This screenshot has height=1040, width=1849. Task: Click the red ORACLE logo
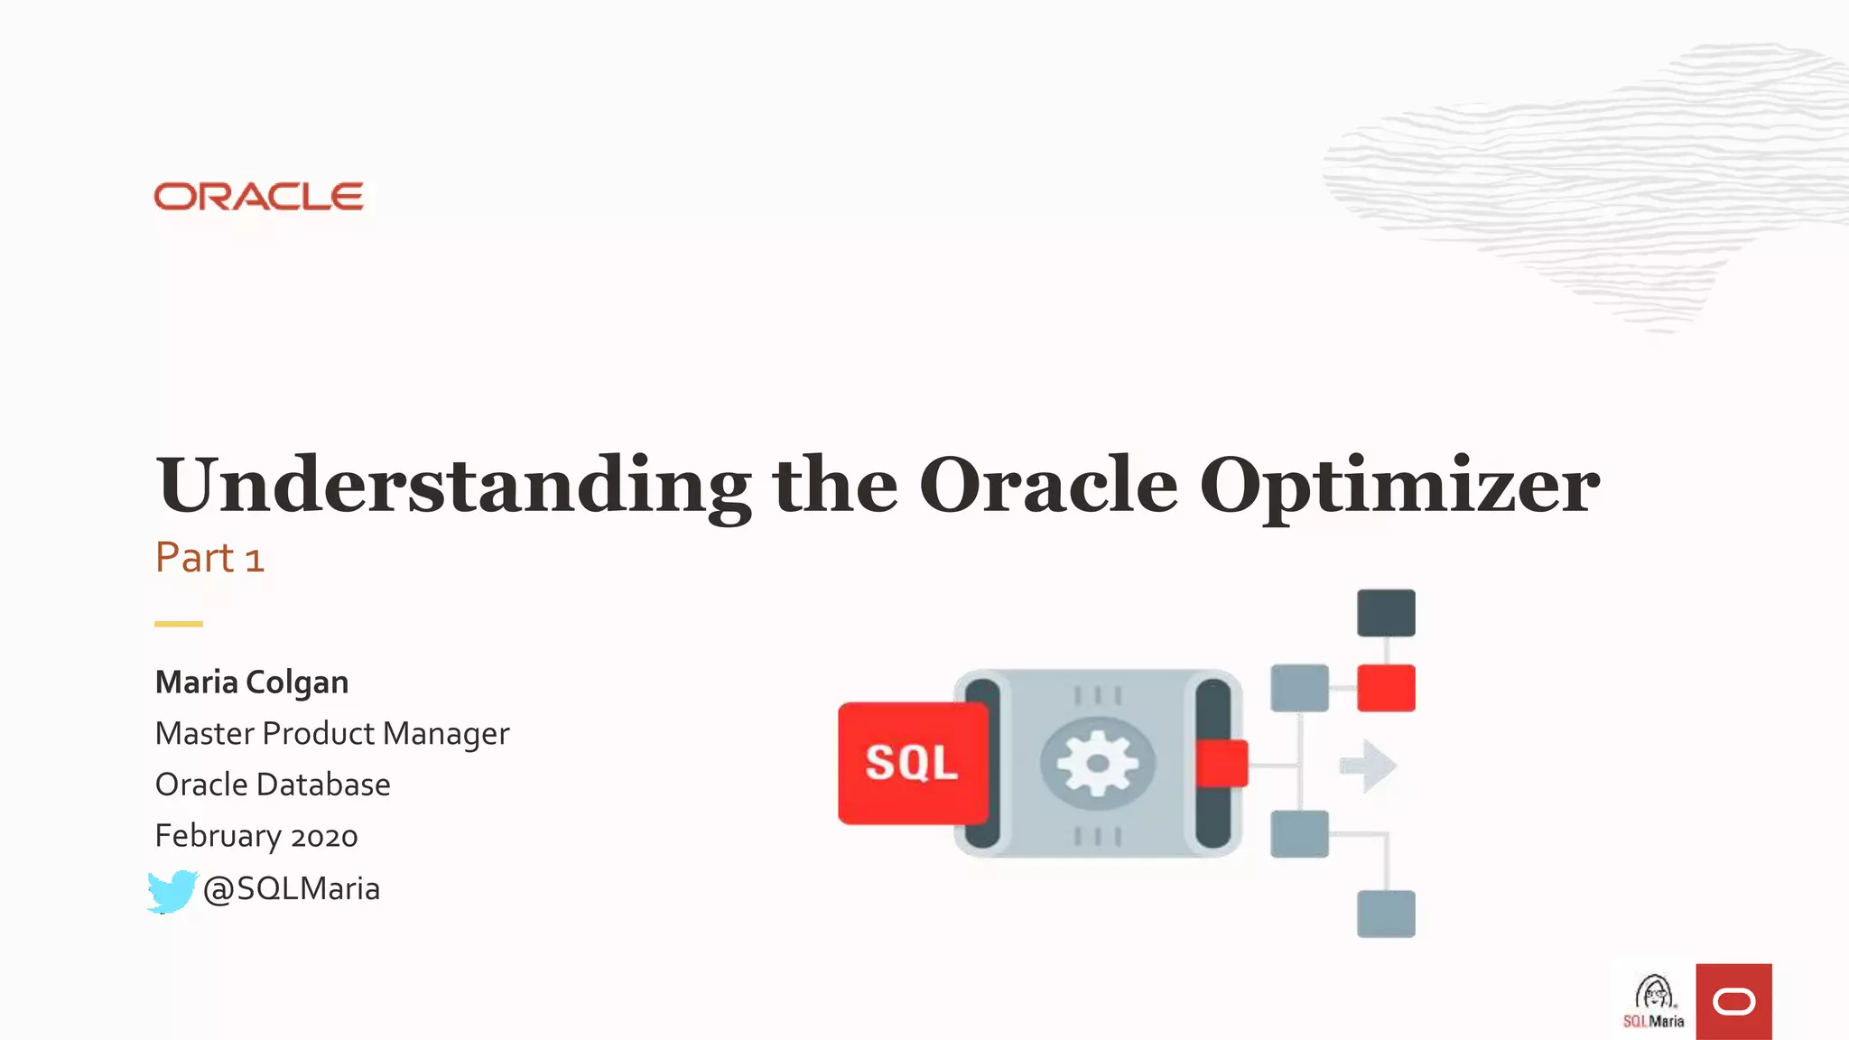(x=258, y=197)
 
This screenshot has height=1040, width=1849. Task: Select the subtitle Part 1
(x=209, y=558)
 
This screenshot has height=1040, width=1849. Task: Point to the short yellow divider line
(x=179, y=624)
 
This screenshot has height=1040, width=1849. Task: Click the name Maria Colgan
(x=252, y=682)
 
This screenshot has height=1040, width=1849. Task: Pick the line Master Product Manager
(x=332, y=734)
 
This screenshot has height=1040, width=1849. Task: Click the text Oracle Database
(x=273, y=785)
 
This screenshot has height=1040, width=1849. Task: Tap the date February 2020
(x=256, y=836)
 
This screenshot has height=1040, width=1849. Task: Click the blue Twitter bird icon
(x=172, y=891)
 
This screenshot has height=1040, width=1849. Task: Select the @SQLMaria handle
(x=291, y=889)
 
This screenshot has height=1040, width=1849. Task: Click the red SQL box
(x=912, y=763)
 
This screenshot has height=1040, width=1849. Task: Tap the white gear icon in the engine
(x=1097, y=764)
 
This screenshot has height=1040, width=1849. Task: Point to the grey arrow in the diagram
(x=1369, y=766)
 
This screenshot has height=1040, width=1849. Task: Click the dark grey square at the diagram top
(x=1386, y=613)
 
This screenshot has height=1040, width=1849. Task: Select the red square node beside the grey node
(x=1386, y=688)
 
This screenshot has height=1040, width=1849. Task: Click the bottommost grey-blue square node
(x=1386, y=914)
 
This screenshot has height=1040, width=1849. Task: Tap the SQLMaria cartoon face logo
(x=1654, y=1000)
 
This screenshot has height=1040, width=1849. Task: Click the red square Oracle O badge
(x=1733, y=1001)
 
